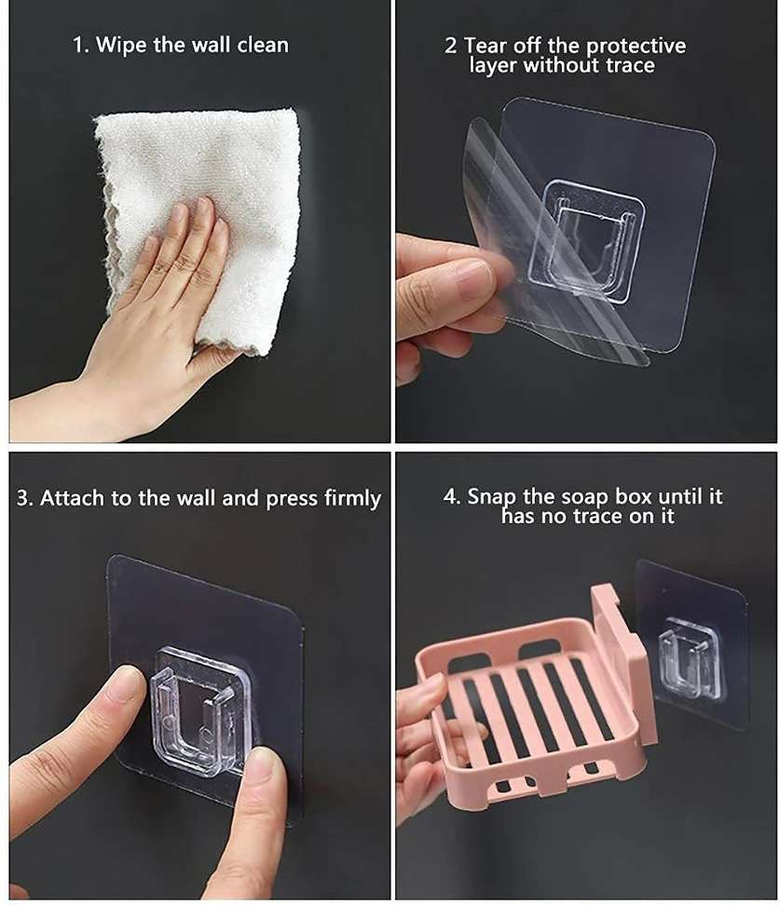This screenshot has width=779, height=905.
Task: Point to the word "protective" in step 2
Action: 635,47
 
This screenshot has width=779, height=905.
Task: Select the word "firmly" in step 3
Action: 352,499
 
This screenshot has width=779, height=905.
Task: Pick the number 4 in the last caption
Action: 450,496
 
